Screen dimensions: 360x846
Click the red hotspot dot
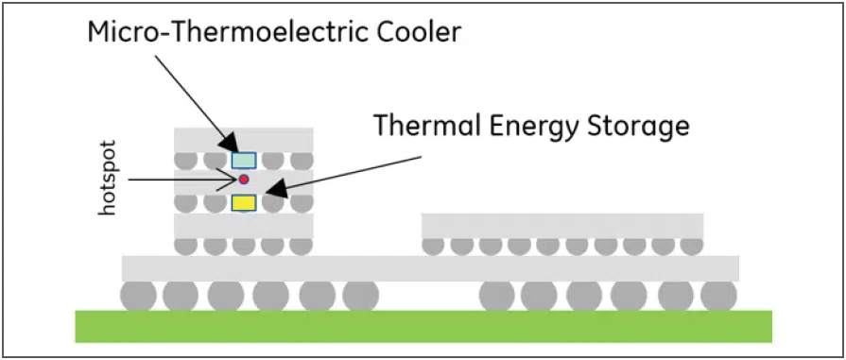click(x=243, y=179)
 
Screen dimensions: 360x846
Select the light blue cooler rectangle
click(x=243, y=160)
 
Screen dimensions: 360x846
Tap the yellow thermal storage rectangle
click(x=243, y=201)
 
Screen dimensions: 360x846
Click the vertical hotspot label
click(x=108, y=183)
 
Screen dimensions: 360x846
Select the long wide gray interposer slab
click(x=430, y=267)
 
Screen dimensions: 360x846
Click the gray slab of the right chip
click(x=561, y=226)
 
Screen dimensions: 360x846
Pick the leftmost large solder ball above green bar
click(x=138, y=296)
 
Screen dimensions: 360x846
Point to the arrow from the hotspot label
click(x=180, y=179)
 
